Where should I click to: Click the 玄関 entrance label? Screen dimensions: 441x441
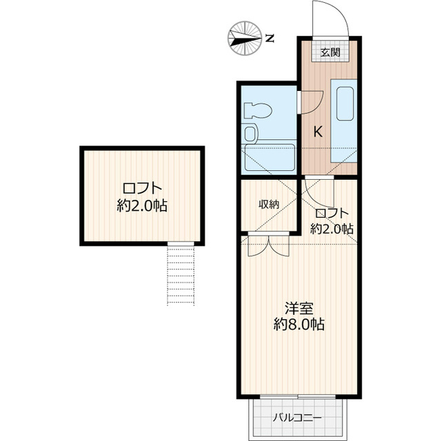tap(330, 52)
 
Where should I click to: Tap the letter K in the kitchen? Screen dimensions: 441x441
tap(318, 132)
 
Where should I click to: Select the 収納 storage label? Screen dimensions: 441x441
tap(269, 205)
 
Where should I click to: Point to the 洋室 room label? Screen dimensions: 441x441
tap(299, 308)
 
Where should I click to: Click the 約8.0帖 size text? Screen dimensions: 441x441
tap(299, 325)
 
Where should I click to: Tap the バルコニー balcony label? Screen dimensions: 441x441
tap(297, 418)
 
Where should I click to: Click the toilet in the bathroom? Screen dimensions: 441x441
tap(258, 110)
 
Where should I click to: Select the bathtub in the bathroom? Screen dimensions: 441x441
tap(269, 158)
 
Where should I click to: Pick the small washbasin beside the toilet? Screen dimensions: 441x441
tap(249, 134)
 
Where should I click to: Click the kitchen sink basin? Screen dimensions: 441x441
tap(345, 103)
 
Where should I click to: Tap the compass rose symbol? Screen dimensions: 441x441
tap(245, 38)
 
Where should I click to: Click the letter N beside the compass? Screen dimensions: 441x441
tap(270, 38)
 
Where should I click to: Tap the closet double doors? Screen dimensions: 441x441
tap(269, 244)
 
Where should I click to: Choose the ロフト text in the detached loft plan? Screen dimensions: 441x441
tap(143, 189)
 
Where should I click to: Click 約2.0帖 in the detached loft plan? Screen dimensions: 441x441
tap(143, 206)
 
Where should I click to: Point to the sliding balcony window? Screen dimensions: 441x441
tap(298, 397)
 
